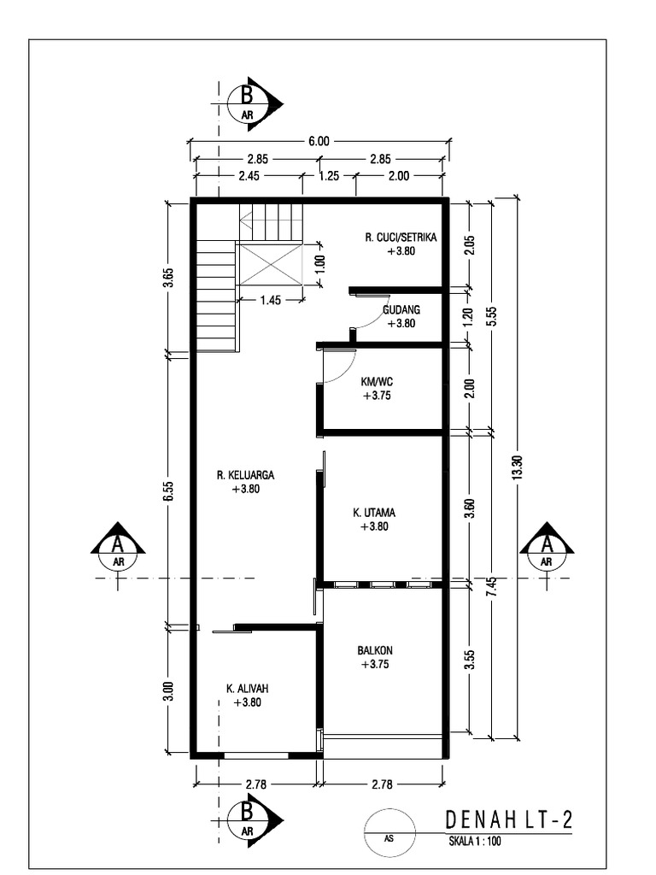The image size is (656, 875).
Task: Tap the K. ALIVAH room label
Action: (246, 688)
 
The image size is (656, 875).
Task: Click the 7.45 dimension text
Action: (492, 588)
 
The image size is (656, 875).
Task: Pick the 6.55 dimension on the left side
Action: (169, 490)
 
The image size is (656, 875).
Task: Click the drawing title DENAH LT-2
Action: (508, 820)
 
